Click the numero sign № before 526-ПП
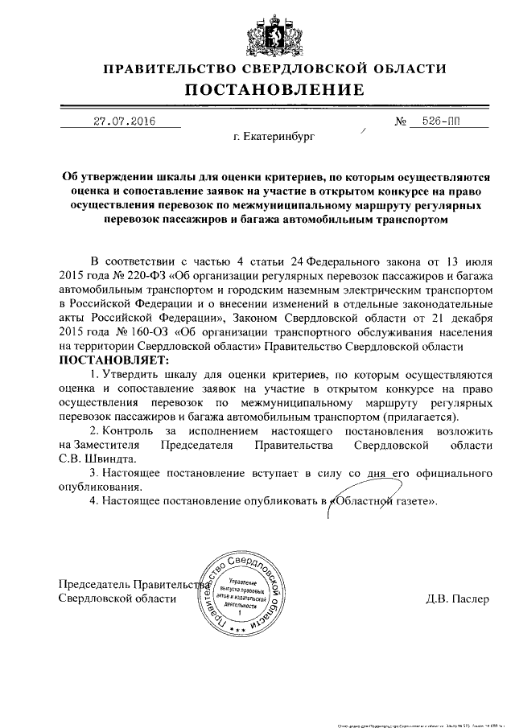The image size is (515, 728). pos(401,122)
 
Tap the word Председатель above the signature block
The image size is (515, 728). pos(94,584)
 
